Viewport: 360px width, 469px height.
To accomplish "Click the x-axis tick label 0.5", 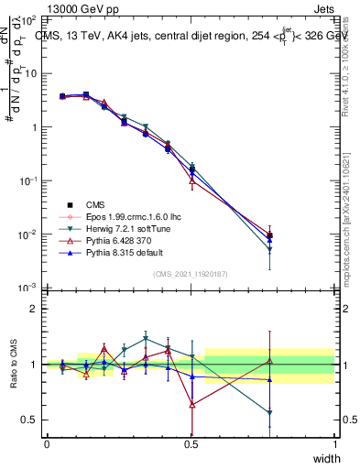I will (x=191, y=442).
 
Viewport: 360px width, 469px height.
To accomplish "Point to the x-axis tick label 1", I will (x=335, y=442).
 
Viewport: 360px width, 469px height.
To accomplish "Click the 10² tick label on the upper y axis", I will (x=28, y=19).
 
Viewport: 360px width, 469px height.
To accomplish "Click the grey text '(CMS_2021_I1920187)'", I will (x=191, y=273).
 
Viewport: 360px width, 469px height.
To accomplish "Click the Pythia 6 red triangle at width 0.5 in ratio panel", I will (x=191, y=404).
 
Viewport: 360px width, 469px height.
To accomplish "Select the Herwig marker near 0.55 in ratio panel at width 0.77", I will (x=269, y=413).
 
